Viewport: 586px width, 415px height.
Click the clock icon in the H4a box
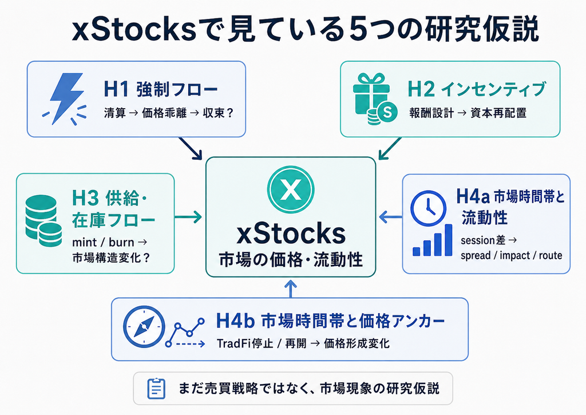[428, 208]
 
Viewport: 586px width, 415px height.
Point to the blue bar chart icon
[433, 240]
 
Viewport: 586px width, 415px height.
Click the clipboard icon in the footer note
[156, 389]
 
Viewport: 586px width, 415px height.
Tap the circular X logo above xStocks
[291, 189]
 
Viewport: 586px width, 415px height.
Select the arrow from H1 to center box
[191, 148]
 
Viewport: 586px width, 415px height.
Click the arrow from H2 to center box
[390, 148]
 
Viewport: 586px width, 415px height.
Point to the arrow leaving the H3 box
[188, 217]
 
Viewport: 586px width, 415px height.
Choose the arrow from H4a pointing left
[391, 216]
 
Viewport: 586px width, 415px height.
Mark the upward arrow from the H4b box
[291, 289]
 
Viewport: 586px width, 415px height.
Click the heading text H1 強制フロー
[161, 89]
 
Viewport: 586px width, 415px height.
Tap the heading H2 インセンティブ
[477, 89]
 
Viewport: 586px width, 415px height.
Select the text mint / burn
[103, 242]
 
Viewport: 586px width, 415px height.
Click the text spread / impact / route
[511, 255]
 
